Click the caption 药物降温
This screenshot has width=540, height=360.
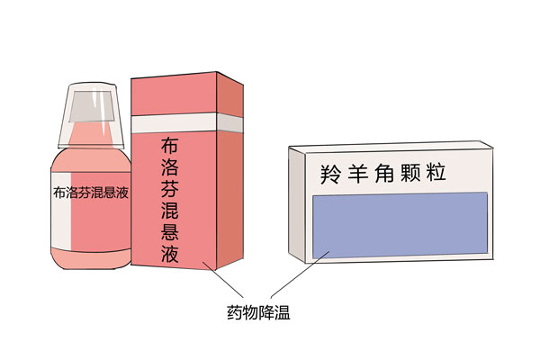click(258, 312)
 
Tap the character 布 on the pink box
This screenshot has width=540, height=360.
click(169, 145)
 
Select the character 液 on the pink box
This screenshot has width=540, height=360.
click(170, 254)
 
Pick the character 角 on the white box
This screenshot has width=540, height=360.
click(384, 173)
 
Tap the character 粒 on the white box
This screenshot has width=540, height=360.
click(436, 172)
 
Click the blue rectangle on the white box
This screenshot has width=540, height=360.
click(400, 225)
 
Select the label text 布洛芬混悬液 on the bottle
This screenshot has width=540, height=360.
click(91, 193)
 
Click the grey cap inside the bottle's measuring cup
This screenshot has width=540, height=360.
click(92, 106)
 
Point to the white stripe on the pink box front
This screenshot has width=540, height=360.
click(174, 123)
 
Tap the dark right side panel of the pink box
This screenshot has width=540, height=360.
click(229, 170)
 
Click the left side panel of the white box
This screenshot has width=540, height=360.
click(297, 204)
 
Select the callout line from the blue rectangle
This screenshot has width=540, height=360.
click(300, 274)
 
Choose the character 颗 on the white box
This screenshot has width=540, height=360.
click(410, 173)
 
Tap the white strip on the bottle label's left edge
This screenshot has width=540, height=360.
click(61, 211)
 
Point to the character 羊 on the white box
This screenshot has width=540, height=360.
click(357, 174)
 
